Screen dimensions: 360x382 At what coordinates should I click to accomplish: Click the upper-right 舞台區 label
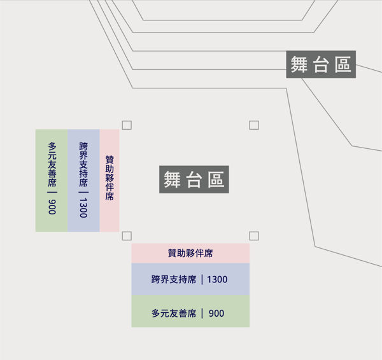[x=320, y=64]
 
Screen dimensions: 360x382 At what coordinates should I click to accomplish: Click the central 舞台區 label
[x=194, y=179]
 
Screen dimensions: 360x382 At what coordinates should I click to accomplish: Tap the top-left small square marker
[x=127, y=125]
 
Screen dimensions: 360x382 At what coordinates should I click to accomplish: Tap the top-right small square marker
[x=254, y=125]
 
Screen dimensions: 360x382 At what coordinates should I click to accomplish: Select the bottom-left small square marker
[x=127, y=236]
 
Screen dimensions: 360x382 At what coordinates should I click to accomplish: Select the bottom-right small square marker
[x=254, y=236]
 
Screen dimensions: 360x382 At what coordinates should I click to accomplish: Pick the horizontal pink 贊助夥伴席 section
[x=190, y=253]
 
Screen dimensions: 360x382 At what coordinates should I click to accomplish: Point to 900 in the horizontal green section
[x=216, y=314]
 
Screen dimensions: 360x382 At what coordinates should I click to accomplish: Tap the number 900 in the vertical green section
[x=52, y=206]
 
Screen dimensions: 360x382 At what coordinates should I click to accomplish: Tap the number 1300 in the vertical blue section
[x=83, y=207]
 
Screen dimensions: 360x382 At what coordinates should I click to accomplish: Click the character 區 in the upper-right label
[x=343, y=64]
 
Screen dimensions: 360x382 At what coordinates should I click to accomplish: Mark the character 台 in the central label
[x=194, y=179]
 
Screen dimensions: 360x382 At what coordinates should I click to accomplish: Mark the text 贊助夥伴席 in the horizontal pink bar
[x=190, y=253]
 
